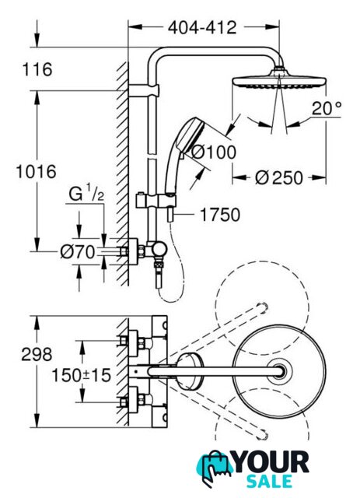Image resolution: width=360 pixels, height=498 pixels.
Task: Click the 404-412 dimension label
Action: tap(202, 28)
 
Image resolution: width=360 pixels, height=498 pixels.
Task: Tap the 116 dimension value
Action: tap(37, 69)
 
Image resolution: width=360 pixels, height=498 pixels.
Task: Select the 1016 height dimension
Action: tap(37, 171)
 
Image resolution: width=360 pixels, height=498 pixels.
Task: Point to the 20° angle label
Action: tap(327, 108)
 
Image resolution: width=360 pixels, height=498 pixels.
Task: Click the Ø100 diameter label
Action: tap(215, 153)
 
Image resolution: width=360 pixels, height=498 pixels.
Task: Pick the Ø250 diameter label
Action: tap(278, 178)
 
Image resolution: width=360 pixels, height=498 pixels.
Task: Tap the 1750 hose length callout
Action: tap(220, 215)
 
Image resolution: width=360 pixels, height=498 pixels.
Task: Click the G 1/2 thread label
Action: tap(86, 194)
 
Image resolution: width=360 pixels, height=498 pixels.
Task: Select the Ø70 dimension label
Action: tap(78, 252)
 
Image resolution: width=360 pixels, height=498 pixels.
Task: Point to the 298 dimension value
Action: tap(37, 354)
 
